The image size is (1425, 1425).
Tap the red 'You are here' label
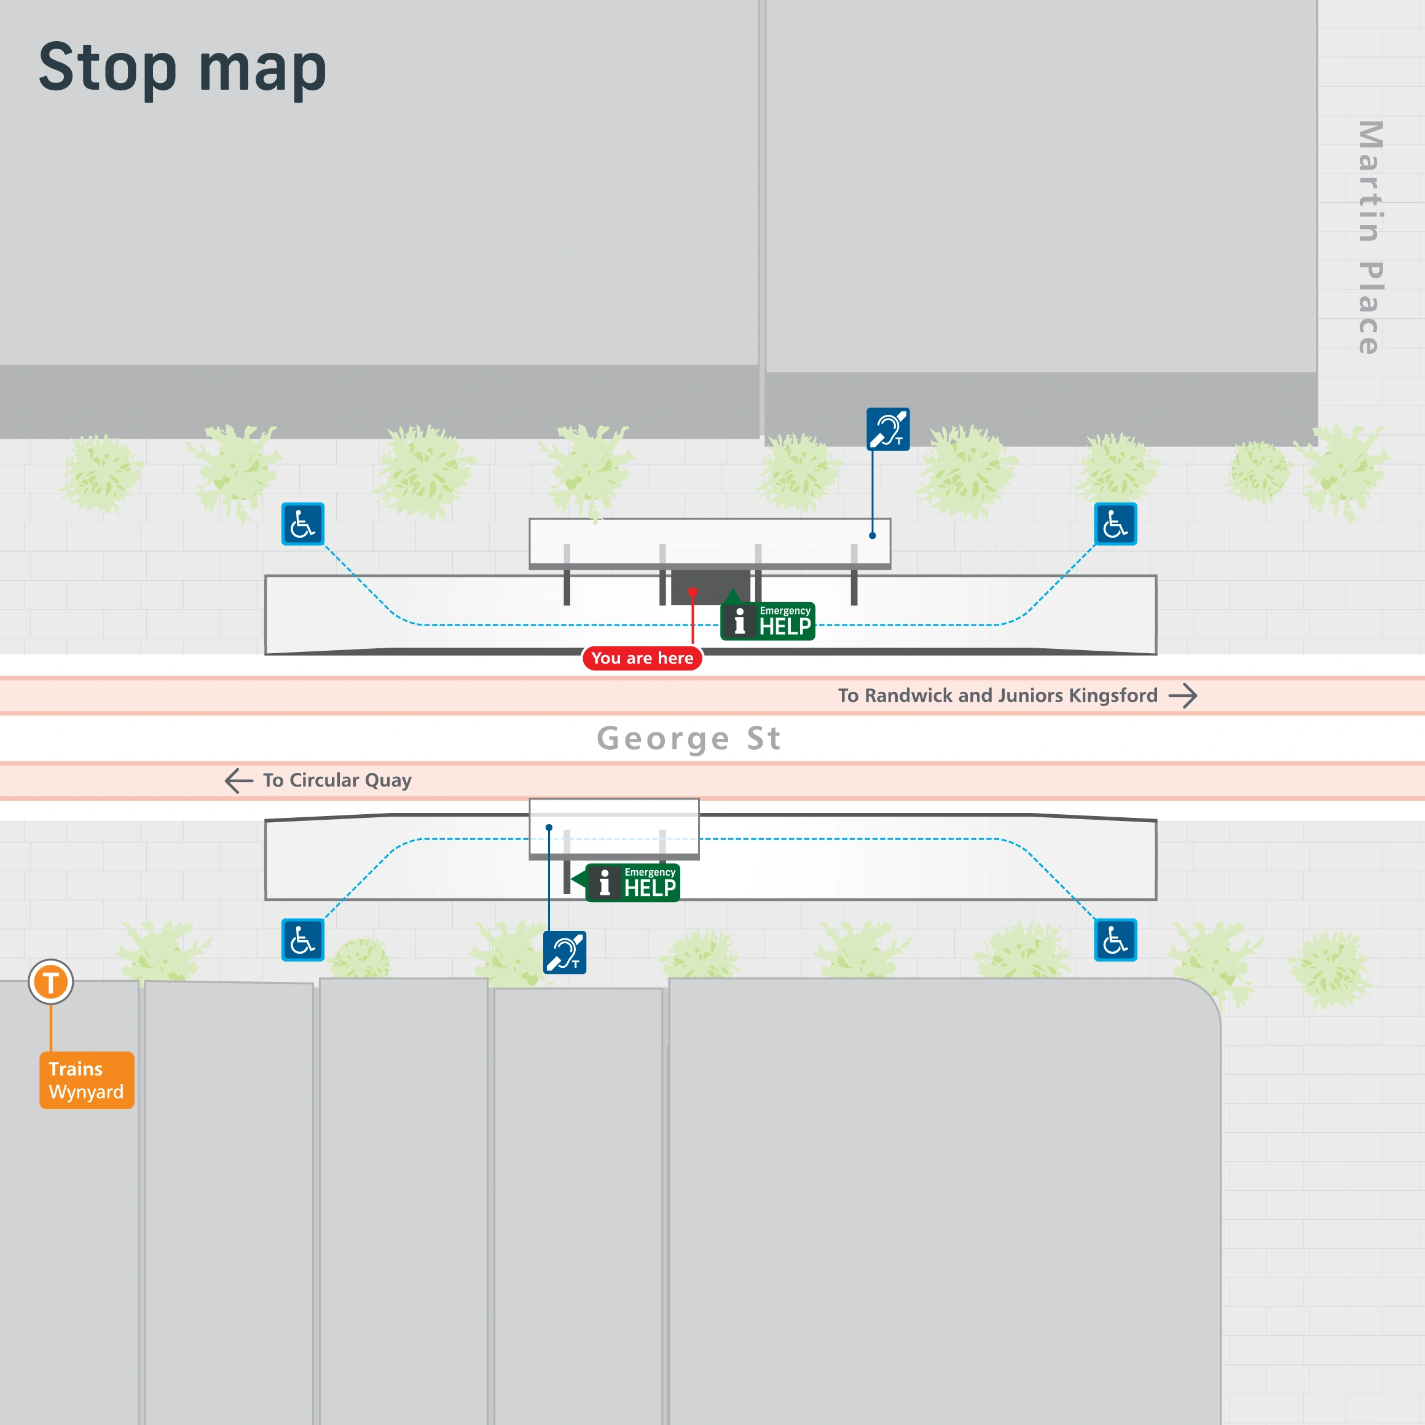[x=642, y=658]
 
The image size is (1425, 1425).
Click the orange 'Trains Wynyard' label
[x=86, y=1080]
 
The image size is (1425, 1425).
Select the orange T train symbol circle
[x=51, y=982]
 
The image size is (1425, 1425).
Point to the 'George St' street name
[x=689, y=739]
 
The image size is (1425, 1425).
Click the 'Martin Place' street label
[x=1370, y=237]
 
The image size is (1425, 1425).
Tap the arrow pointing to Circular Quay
[x=239, y=780]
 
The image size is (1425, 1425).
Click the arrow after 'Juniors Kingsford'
[x=1182, y=696]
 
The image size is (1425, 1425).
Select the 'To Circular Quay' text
[x=337, y=780]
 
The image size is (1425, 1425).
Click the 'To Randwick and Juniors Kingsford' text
[x=997, y=696]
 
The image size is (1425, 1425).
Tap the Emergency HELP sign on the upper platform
[x=768, y=621]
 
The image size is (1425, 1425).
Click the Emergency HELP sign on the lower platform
[x=632, y=883]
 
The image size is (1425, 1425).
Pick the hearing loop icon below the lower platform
[x=565, y=952]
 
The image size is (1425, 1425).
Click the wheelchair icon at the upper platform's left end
[x=303, y=524]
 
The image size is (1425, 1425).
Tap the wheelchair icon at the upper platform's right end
[x=1115, y=524]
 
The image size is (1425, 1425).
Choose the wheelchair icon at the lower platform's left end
[x=303, y=940]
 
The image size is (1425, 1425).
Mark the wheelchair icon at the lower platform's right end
[x=1115, y=940]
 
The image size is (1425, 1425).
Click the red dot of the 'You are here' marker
[x=693, y=592]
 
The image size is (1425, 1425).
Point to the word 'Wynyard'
[x=86, y=1093]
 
